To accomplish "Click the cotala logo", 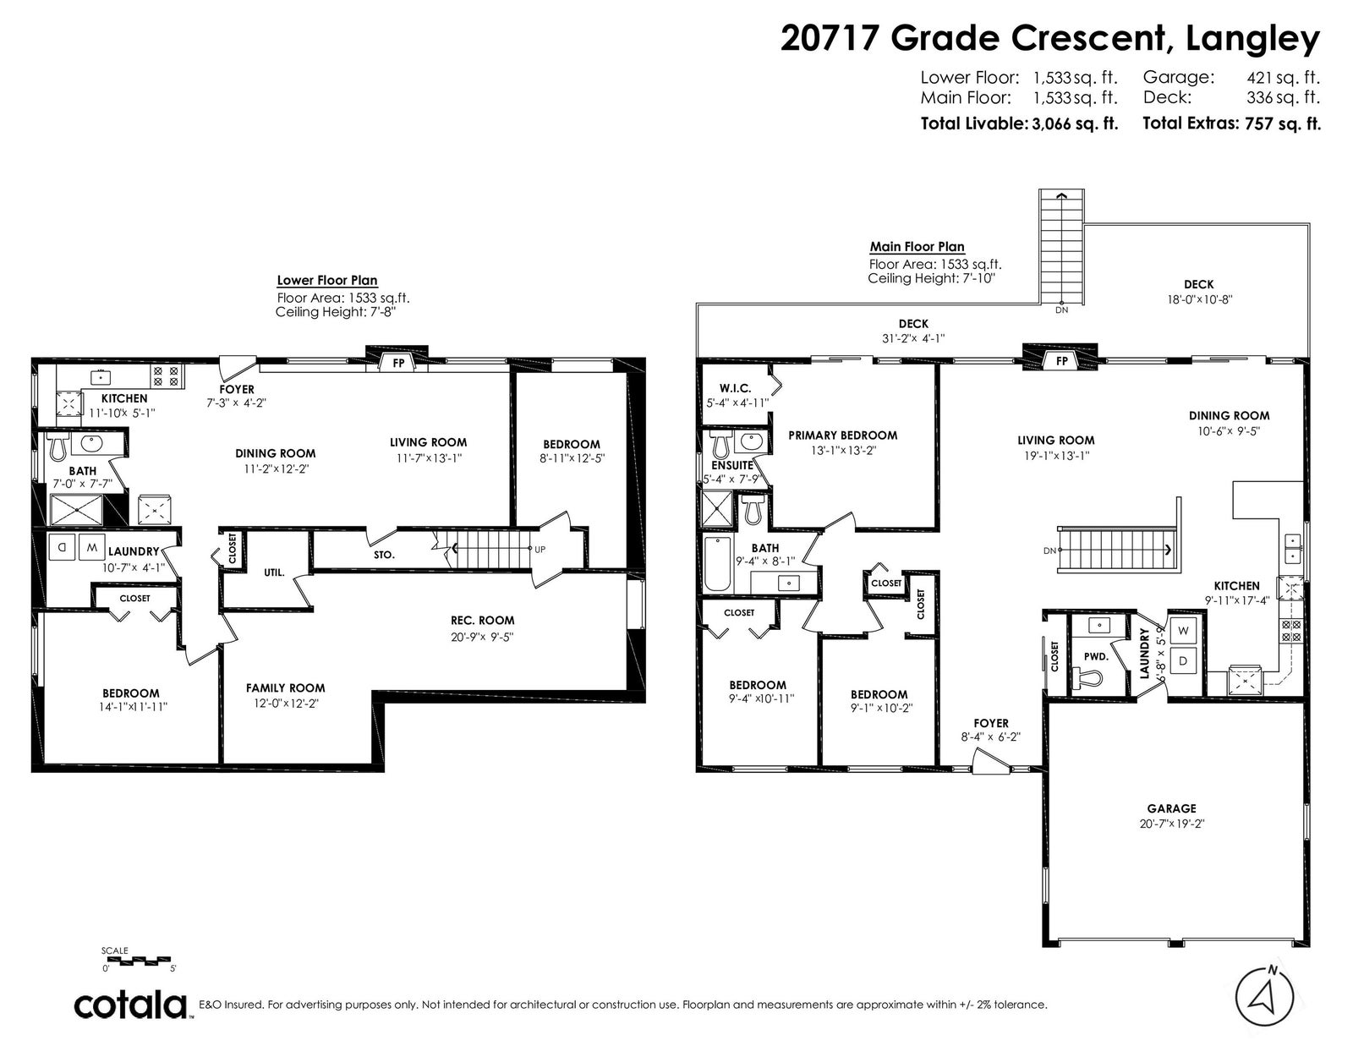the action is click(131, 1005).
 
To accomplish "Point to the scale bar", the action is click(139, 960).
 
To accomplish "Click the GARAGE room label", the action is click(1171, 808).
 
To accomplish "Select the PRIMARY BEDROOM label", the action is click(842, 435).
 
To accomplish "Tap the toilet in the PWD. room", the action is click(1087, 676).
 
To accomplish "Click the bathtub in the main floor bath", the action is click(717, 564).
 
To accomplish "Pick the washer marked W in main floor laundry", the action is click(1183, 631).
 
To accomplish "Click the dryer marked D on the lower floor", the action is click(63, 548).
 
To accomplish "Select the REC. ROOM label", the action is click(483, 620).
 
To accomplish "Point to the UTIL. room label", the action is click(274, 572).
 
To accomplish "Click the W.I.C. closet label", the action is click(736, 388).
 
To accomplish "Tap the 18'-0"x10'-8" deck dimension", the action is click(1200, 298).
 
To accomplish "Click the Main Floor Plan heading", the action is click(918, 247).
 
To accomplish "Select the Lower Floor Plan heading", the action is click(327, 280).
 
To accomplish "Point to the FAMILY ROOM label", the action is click(285, 688).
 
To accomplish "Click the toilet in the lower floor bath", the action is click(59, 446).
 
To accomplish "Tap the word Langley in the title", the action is click(1252, 40).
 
